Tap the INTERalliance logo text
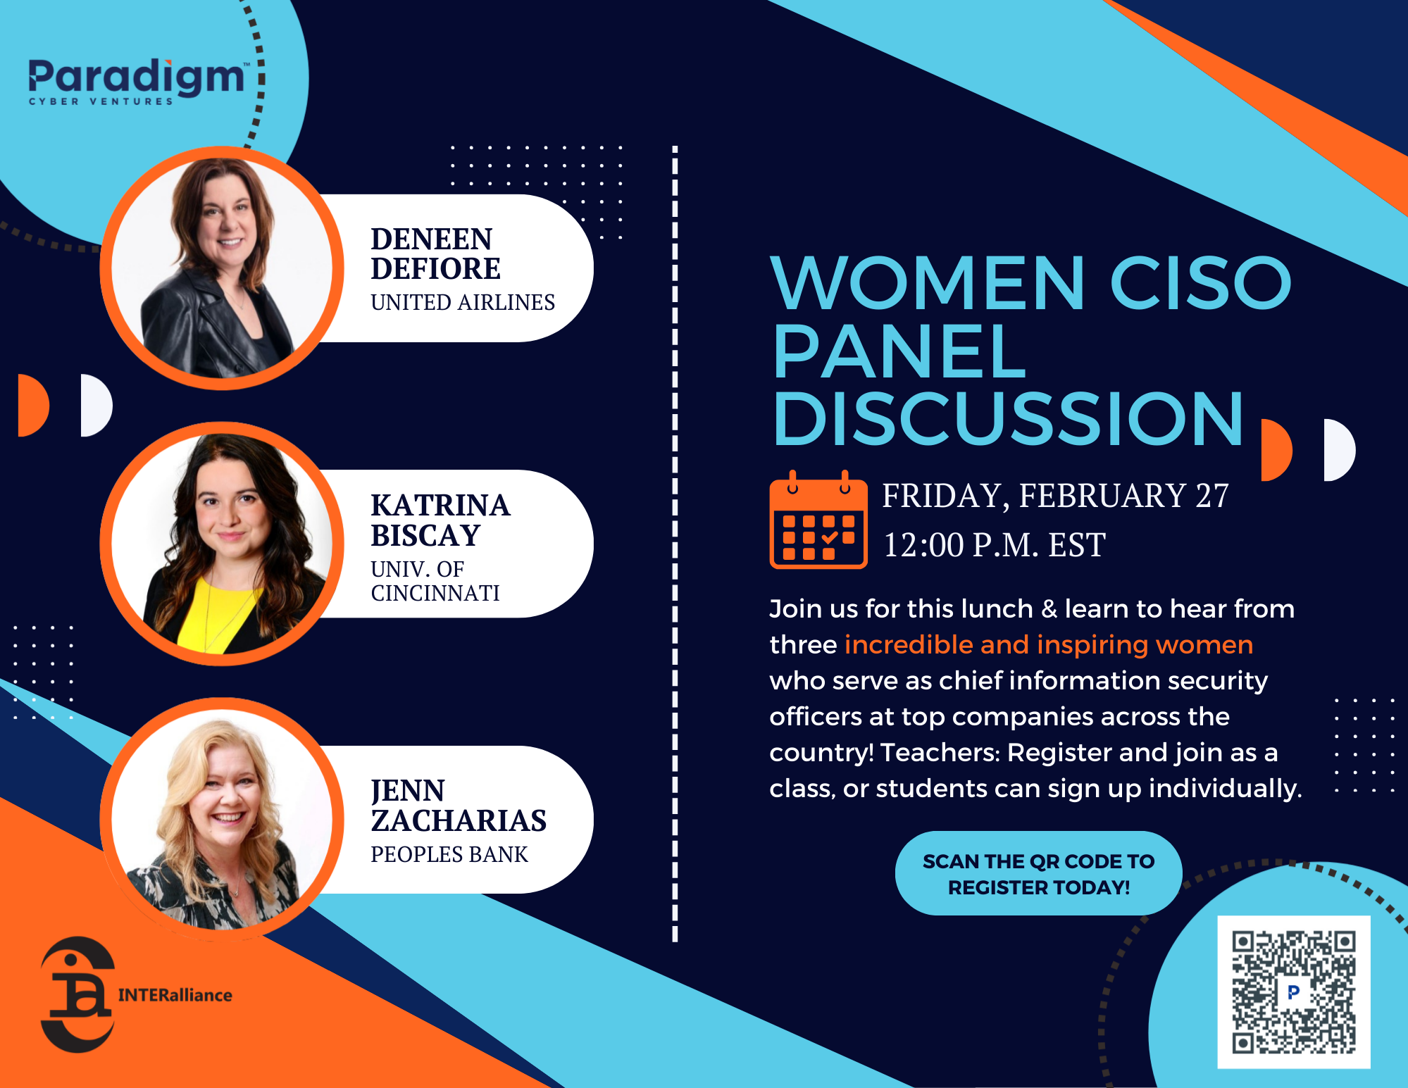click(x=175, y=995)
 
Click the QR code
click(x=1293, y=992)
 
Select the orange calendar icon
click(x=818, y=520)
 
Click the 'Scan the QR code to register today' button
click(x=1038, y=873)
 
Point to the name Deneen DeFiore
click(x=435, y=254)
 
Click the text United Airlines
click(x=462, y=302)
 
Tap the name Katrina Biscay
click(x=440, y=520)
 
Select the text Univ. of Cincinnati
click(x=435, y=581)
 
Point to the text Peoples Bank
click(x=449, y=854)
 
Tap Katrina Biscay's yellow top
click(x=211, y=613)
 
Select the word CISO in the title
click(x=1200, y=283)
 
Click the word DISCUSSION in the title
click(x=1007, y=420)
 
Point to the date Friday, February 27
click(x=1054, y=495)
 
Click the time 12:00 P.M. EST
click(x=993, y=545)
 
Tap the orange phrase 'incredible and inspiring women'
click(x=1048, y=644)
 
